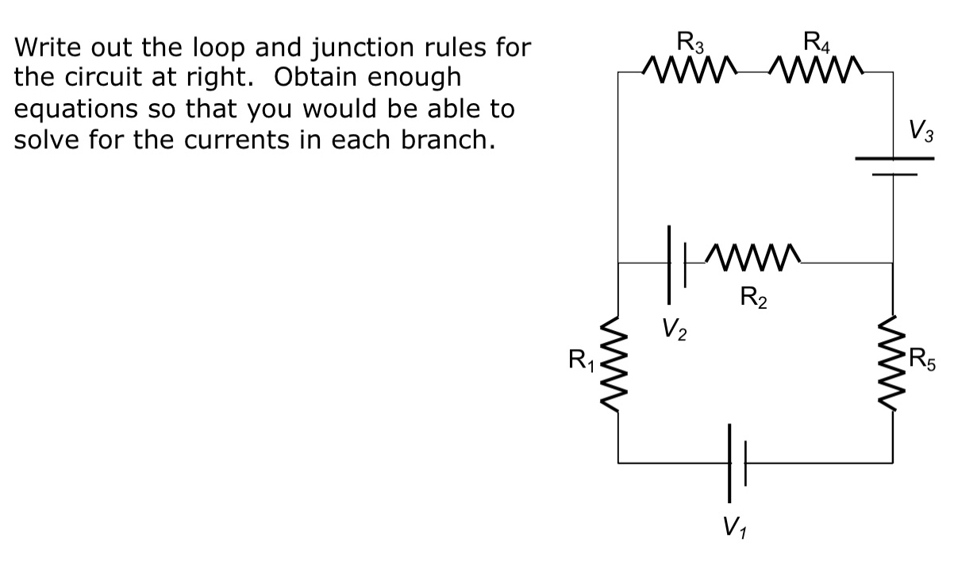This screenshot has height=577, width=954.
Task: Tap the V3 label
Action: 920,130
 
